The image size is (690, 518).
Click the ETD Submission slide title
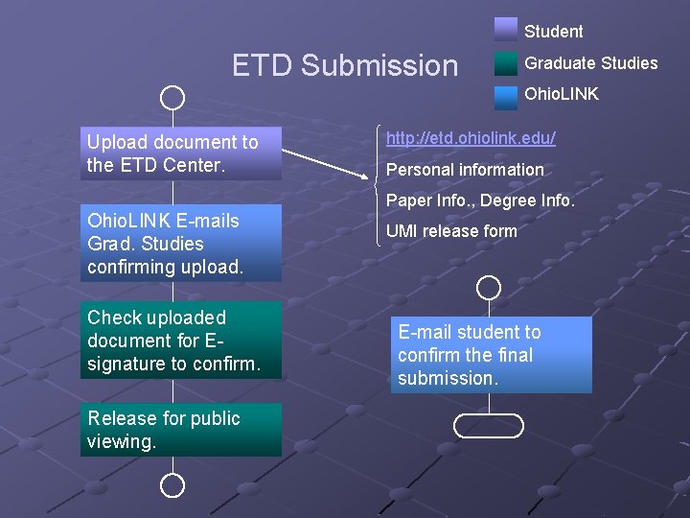click(345, 65)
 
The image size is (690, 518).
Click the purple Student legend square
click(506, 29)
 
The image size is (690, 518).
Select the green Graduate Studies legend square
click(506, 63)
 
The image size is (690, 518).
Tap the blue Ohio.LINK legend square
click(506, 96)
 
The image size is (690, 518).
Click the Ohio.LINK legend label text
click(561, 94)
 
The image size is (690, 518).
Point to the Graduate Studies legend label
click(590, 63)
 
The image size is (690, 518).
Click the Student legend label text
click(553, 32)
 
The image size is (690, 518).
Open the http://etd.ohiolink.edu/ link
click(471, 139)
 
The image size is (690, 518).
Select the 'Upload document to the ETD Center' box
click(181, 153)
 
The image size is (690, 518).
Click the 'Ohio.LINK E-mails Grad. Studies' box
click(181, 244)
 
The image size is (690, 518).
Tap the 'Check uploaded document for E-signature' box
click(181, 341)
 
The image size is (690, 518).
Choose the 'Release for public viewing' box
click(181, 430)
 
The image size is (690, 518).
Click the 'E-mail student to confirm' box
click(489, 355)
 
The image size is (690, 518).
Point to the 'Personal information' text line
click(465, 170)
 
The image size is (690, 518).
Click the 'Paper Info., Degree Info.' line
click(480, 200)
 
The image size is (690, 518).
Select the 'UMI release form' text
click(451, 231)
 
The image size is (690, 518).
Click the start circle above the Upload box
click(172, 97)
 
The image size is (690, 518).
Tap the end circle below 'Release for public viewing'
click(172, 485)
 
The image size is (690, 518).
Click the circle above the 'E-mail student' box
click(489, 287)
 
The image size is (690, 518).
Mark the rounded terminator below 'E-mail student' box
click(489, 425)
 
